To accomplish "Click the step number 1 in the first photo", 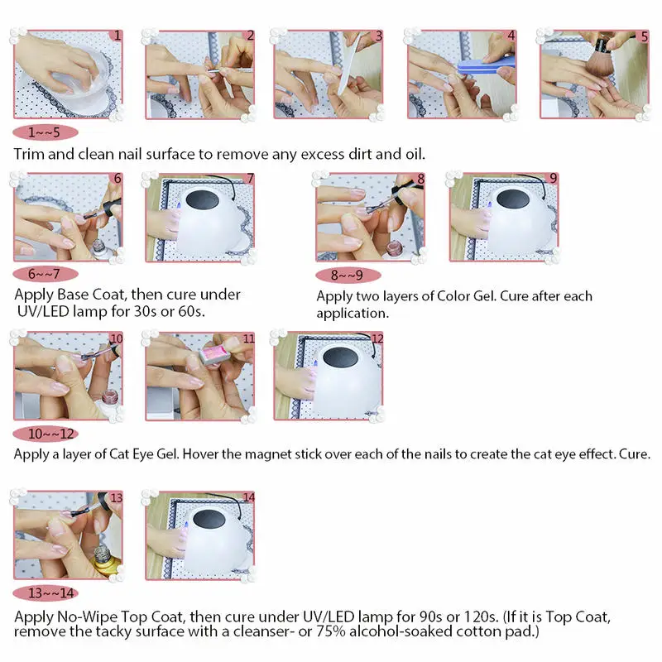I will (x=118, y=36).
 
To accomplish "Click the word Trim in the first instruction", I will (x=29, y=154).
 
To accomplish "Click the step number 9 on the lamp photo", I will (x=553, y=178).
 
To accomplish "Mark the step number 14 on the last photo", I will (x=247, y=497).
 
